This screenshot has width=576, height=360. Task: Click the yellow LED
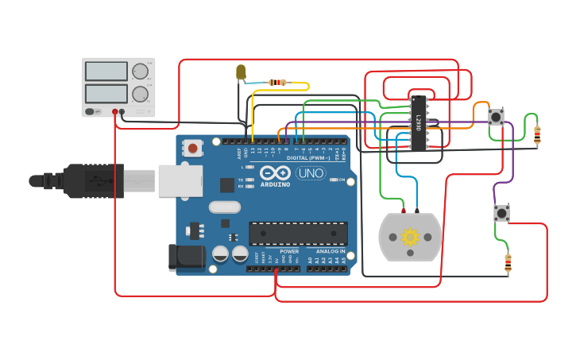pyautogui.click(x=241, y=73)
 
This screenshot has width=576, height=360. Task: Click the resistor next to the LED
pyautogui.click(x=277, y=82)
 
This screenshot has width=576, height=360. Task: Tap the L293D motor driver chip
pyautogui.click(x=419, y=122)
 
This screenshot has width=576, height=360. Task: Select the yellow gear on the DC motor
pyautogui.click(x=410, y=236)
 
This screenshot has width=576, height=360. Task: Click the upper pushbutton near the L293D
pyautogui.click(x=497, y=117)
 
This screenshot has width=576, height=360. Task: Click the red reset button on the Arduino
pyautogui.click(x=192, y=148)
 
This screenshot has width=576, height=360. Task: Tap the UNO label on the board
pyautogui.click(x=310, y=173)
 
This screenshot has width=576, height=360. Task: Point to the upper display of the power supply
pyautogui.click(x=106, y=71)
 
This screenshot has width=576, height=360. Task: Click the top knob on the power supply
pyautogui.click(x=141, y=71)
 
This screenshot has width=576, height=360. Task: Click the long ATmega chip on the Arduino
pyautogui.click(x=298, y=234)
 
